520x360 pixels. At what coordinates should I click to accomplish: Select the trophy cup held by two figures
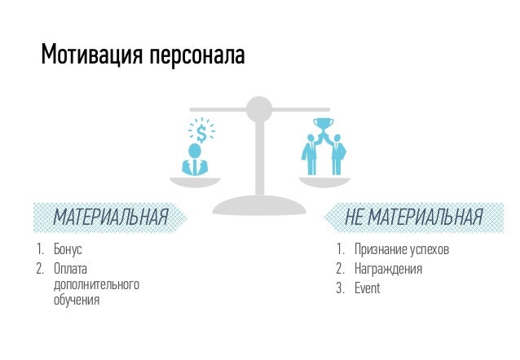pyautogui.click(x=324, y=125)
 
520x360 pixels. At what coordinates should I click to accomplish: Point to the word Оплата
pyautogui.click(x=69, y=268)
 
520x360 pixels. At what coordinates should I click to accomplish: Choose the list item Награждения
pyautogui.click(x=388, y=269)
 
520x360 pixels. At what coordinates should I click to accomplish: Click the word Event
pyautogui.click(x=368, y=288)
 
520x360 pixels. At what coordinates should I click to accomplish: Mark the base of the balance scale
pyautogui.click(x=258, y=201)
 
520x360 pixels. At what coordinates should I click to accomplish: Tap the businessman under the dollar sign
pyautogui.click(x=195, y=160)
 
